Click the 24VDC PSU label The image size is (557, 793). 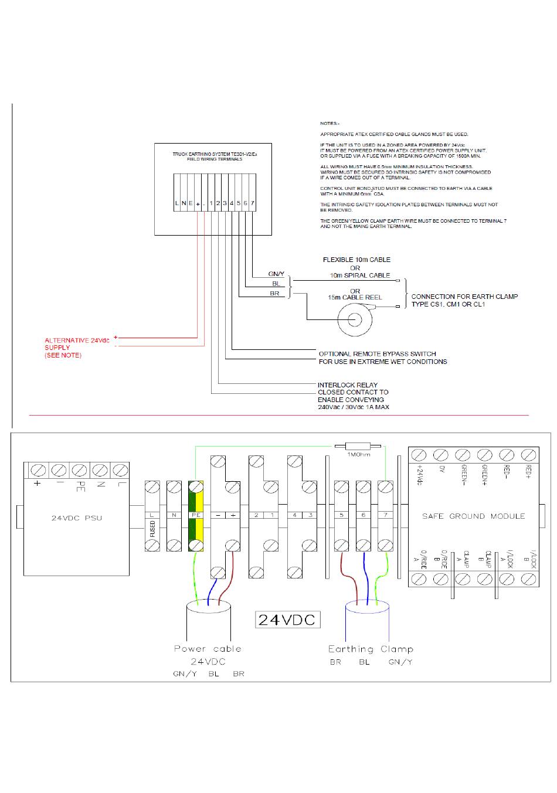tap(76, 518)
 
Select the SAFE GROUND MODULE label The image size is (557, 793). tap(473, 516)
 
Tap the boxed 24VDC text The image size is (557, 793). tap(287, 620)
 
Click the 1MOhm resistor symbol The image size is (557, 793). tap(355, 446)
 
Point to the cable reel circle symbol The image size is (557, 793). tap(355, 319)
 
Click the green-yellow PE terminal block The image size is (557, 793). tap(196, 516)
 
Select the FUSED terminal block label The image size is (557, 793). tap(152, 529)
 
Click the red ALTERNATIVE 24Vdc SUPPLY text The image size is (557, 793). tap(76, 348)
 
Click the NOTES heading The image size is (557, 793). tap(330, 123)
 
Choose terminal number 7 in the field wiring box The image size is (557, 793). tap(253, 203)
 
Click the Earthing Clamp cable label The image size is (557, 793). tap(371, 649)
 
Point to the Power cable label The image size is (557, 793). tap(208, 649)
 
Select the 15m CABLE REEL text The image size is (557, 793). tap(355, 297)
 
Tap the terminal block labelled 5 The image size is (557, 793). tap(341, 516)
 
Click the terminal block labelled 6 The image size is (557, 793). tap(364, 516)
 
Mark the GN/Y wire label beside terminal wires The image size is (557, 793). tap(276, 274)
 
